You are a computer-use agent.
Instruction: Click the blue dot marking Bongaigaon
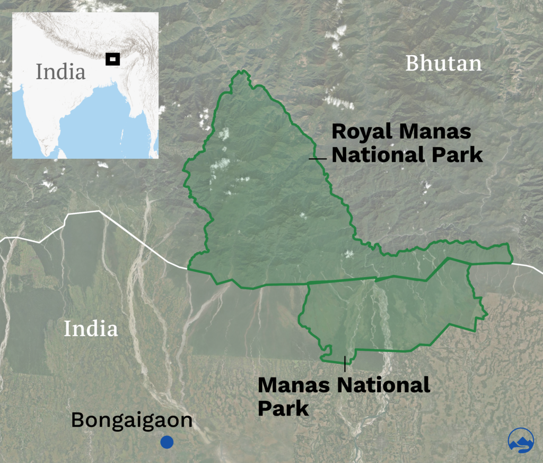point(167,442)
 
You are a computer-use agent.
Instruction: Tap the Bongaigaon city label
point(132,420)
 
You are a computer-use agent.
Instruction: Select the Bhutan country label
point(443,64)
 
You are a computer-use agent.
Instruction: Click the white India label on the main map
point(91,329)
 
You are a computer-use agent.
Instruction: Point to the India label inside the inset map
point(60,72)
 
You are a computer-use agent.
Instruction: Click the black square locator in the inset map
point(112,59)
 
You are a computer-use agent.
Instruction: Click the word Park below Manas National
point(283,409)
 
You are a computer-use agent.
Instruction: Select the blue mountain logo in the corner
point(521,440)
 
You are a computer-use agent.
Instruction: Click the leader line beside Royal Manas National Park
point(318,158)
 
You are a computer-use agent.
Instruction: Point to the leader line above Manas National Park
point(345,364)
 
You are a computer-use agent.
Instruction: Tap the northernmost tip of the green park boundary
point(243,71)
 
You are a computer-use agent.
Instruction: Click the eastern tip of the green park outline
point(512,261)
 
